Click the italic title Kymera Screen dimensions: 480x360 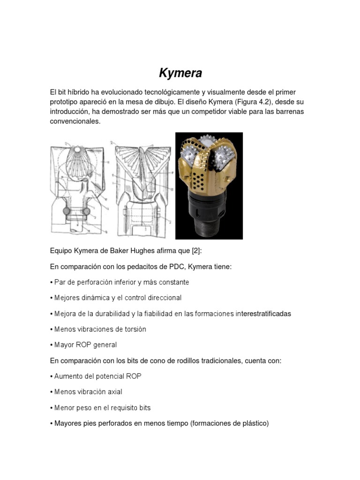coord(180,73)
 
